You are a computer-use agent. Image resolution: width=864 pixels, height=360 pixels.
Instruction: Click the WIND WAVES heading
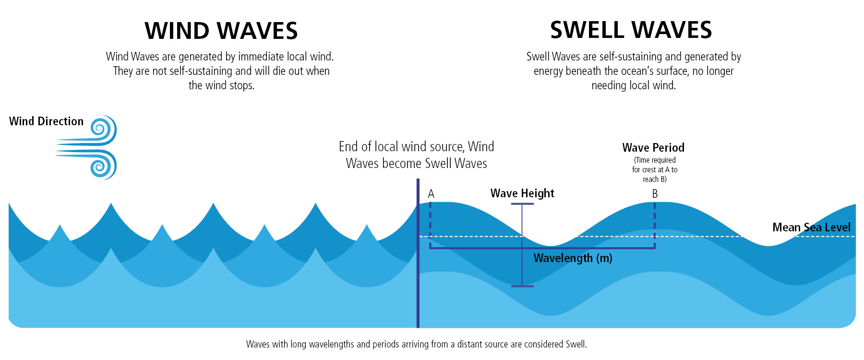pos(221,31)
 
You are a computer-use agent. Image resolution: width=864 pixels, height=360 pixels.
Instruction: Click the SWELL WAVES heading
pos(631,30)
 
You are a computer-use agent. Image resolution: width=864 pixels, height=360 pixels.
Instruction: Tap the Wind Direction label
pos(46,121)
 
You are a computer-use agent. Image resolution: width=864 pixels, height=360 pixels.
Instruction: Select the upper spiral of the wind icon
pos(100,129)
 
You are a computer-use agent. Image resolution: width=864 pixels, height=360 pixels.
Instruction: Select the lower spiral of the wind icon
pos(100,166)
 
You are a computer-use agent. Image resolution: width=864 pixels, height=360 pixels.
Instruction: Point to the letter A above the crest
pos(431,194)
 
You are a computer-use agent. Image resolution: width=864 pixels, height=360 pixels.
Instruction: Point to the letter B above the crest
pos(655,194)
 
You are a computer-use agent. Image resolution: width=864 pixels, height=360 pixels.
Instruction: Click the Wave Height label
pos(522,193)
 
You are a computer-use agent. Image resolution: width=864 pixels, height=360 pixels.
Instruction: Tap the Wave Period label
pos(653,147)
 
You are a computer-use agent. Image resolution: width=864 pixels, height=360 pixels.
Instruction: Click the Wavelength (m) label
pos(573,258)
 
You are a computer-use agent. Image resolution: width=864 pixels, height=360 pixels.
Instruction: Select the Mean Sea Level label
pos(811,228)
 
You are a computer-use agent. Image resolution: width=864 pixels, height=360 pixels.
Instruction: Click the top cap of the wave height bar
pos(522,204)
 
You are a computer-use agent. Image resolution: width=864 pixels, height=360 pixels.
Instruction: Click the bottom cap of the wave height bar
pos(522,286)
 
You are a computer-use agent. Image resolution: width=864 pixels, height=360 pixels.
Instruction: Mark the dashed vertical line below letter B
pos(655,223)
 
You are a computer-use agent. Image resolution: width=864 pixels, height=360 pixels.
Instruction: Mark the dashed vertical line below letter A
pos(430,223)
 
